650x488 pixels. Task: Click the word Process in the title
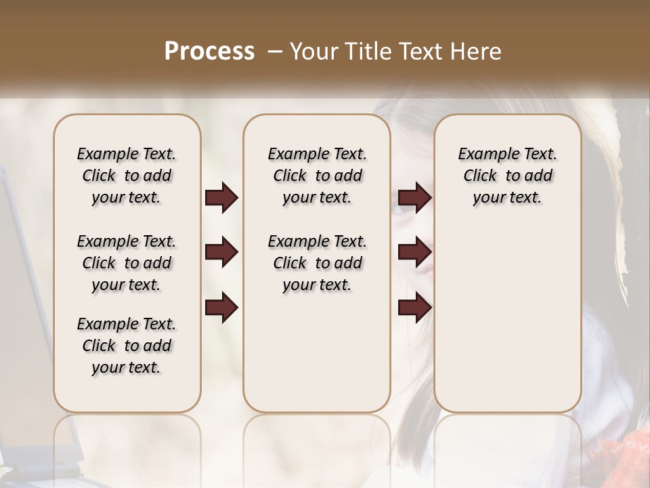pos(209,51)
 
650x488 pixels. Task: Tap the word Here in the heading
pos(475,51)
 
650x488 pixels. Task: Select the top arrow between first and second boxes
pos(221,198)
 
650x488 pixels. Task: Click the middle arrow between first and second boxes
pos(221,253)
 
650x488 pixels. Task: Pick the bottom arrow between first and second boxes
pos(221,308)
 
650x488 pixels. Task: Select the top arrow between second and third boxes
pos(414,198)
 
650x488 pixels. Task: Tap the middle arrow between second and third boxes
pos(414,253)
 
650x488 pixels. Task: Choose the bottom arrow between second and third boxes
pos(414,308)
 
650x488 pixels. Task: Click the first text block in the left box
pos(127,176)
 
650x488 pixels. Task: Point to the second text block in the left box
pos(127,263)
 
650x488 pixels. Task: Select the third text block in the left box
pos(127,346)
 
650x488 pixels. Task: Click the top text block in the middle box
pos(317,176)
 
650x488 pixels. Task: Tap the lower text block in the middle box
pos(317,263)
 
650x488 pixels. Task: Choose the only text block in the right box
pos(507,176)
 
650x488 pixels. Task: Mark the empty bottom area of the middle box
pos(317,352)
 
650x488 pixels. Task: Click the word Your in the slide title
pos(313,51)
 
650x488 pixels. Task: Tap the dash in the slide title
pos(275,51)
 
